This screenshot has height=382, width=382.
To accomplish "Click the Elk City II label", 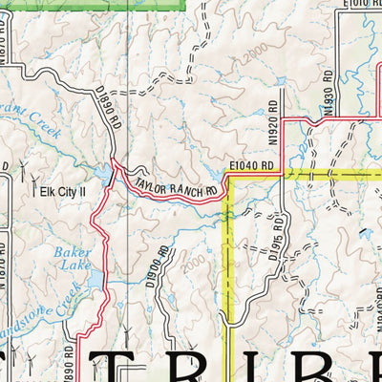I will pyautogui.click(x=62, y=191).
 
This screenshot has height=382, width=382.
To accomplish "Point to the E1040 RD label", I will pyautogui.click(x=251, y=166).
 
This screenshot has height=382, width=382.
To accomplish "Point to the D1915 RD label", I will pyautogui.click(x=276, y=239).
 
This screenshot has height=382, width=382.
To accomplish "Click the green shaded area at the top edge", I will pyautogui.click(x=95, y=4).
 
